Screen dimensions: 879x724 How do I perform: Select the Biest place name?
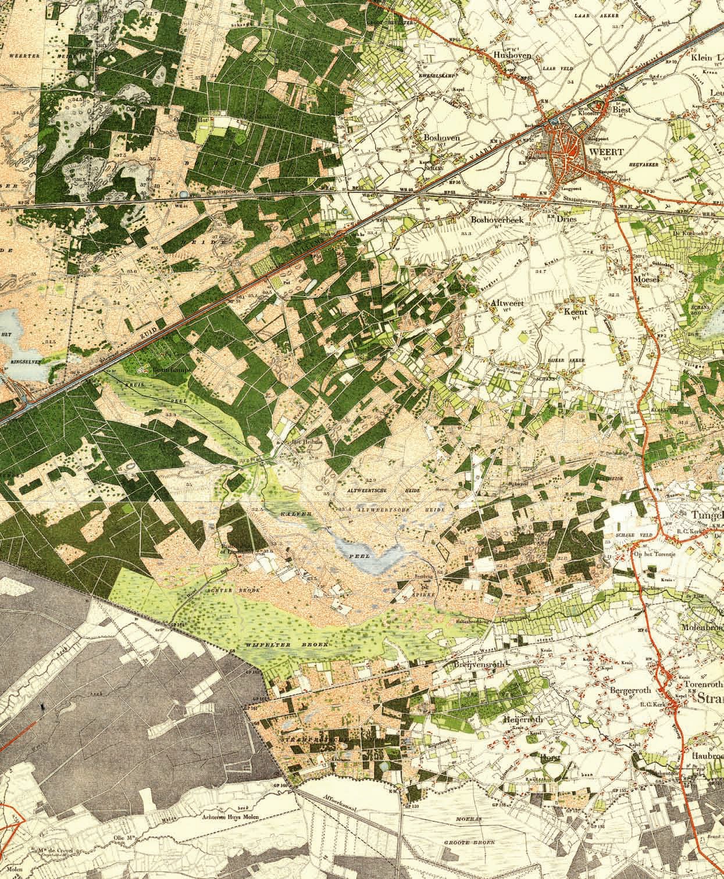[x=622, y=108]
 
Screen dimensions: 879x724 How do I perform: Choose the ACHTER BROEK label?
[x=242, y=589]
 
